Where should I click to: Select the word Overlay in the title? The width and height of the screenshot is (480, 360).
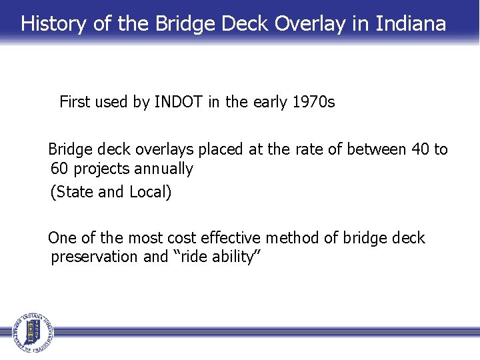point(309,24)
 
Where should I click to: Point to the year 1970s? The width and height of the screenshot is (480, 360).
point(313,102)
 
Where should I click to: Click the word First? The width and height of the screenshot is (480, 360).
point(74,102)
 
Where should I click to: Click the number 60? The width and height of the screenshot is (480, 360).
point(59,169)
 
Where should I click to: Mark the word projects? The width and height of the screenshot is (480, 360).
point(99,169)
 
